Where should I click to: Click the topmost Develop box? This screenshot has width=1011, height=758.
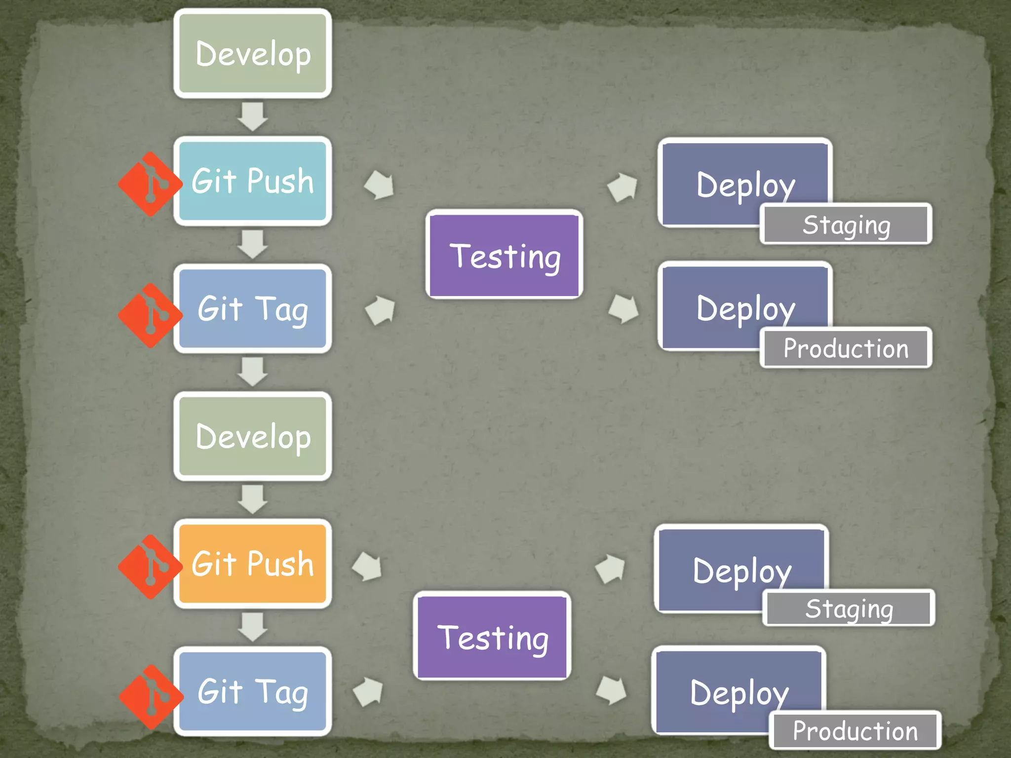[x=252, y=53]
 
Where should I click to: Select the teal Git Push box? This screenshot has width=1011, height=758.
[x=252, y=181]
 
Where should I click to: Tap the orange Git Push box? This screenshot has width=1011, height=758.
[x=252, y=564]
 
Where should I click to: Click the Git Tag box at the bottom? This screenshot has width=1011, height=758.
[x=252, y=691]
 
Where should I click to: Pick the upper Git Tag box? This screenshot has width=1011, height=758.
[x=252, y=308]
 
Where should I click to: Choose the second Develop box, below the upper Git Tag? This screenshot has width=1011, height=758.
[x=252, y=436]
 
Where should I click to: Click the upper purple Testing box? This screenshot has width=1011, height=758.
[x=504, y=255]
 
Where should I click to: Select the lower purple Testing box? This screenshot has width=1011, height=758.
[x=492, y=637]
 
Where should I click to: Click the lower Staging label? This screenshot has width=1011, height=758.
[x=849, y=608]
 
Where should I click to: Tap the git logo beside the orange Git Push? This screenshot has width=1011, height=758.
[x=150, y=567]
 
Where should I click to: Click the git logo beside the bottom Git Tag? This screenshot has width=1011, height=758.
[x=151, y=696]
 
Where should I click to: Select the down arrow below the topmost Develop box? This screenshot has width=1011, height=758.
[x=252, y=116]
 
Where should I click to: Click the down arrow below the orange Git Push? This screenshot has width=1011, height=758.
[x=252, y=627]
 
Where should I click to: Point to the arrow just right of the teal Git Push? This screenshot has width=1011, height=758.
[x=379, y=185]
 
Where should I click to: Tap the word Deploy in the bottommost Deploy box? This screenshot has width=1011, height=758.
[x=739, y=693]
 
